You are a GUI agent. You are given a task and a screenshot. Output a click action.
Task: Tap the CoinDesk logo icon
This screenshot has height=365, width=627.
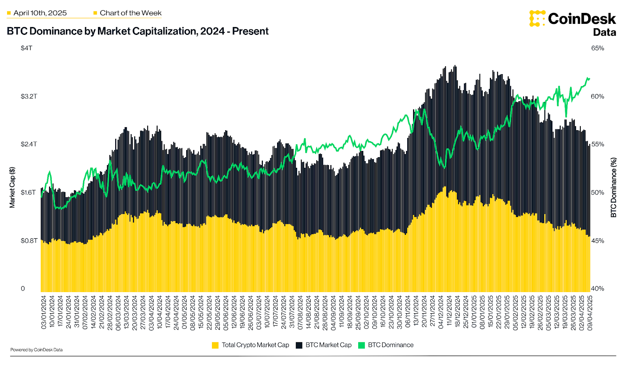537,18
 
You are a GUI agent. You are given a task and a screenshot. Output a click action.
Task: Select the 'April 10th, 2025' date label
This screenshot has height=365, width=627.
40,13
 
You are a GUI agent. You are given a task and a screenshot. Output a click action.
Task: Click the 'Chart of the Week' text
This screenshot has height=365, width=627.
130,13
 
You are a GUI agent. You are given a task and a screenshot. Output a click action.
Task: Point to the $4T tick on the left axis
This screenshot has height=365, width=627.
26,48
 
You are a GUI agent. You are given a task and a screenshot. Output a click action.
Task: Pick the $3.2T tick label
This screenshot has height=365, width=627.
29,96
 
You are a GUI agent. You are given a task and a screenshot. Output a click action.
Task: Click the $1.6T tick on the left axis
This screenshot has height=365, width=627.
28,192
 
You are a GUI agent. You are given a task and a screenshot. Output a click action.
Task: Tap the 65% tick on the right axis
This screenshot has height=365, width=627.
597,48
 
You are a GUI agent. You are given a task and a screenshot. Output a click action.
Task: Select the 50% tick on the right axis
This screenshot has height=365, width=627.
597,192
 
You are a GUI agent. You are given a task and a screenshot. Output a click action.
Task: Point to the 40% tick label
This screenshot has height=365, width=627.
597,289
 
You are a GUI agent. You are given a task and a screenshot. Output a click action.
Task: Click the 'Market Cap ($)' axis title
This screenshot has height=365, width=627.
12,187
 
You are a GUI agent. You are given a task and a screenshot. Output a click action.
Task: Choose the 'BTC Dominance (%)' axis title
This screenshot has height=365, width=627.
613,187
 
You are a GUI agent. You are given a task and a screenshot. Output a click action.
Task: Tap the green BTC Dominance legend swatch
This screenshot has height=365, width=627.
361,345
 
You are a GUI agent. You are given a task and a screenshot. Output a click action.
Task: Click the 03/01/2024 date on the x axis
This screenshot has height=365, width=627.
43,312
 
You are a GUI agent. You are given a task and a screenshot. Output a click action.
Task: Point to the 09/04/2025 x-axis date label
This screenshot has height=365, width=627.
590,312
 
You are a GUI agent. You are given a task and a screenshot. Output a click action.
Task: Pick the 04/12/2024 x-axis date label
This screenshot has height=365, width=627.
441,312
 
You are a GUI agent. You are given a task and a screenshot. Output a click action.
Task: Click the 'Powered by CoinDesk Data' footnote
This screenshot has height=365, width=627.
36,350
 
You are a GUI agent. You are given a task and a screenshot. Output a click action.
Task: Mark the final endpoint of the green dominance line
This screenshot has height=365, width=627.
589,79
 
